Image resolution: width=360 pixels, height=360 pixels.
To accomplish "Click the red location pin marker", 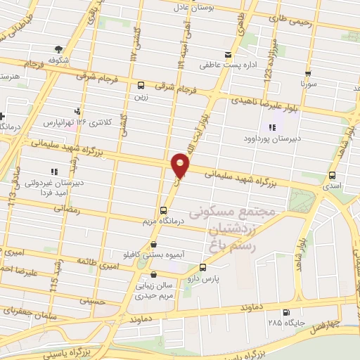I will (x=180, y=165).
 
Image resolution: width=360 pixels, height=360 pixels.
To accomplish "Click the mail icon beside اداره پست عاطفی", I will (x=227, y=55).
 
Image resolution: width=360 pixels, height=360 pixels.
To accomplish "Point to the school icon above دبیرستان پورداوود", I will (x=271, y=127).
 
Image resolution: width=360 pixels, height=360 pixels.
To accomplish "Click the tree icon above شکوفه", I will (x=58, y=49).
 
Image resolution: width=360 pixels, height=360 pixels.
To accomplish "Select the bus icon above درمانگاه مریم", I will (x=164, y=210).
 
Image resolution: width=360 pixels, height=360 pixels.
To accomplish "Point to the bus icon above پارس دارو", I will (x=203, y=267).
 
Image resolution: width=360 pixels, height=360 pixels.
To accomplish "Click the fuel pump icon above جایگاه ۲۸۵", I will (x=285, y=313).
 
